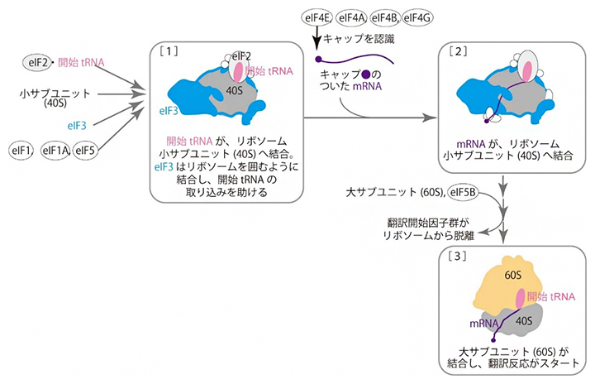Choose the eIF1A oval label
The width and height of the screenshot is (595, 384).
pos(54,150)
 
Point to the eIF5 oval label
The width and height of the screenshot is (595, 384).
pos(85,150)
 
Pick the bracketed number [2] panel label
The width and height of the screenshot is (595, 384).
pos(458,50)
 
